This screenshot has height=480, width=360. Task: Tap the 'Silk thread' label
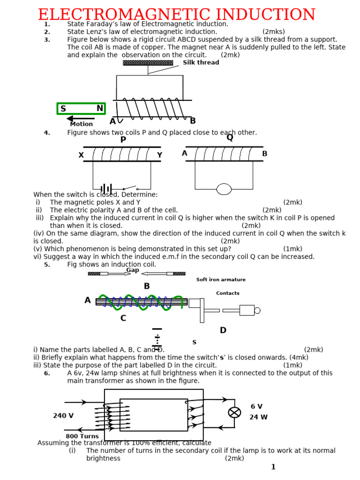coord(201,62)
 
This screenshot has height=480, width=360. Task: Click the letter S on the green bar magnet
coord(63,109)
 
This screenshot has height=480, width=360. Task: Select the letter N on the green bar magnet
coord(99,109)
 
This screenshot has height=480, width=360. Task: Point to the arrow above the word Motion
coord(82,119)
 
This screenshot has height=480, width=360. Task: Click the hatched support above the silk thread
coord(148,63)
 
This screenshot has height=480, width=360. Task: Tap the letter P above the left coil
coord(123,140)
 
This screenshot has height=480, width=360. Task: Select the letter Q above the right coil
coord(230,137)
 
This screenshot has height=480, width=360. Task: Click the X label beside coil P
coord(81,155)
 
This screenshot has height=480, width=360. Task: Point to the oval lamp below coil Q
coord(224,189)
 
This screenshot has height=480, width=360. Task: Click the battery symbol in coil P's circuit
coord(106,189)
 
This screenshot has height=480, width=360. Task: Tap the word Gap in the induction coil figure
coord(133,270)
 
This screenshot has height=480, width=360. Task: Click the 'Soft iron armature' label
coord(221,280)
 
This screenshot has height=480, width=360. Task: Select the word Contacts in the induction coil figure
coord(228,293)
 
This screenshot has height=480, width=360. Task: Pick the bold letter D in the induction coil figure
coord(223,330)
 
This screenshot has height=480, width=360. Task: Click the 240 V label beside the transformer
coord(63,416)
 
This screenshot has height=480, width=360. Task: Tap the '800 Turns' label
coord(82,436)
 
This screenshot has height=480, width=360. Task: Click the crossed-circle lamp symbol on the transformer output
coord(234,412)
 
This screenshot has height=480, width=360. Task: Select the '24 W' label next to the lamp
coord(258,417)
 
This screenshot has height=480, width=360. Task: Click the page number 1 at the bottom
coord(273,467)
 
